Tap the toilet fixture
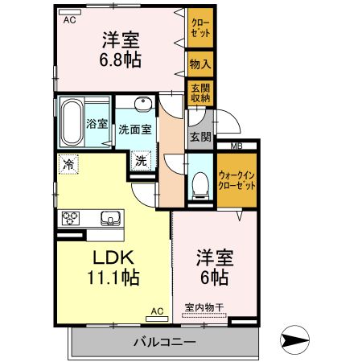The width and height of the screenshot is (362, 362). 199,182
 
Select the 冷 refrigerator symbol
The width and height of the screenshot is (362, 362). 68,164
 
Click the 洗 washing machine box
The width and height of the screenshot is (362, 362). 141,160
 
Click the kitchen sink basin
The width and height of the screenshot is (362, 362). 110,217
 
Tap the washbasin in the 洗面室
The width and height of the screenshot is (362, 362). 142,105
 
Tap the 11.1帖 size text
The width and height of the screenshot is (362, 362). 112,279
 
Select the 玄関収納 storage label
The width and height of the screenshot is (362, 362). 200,93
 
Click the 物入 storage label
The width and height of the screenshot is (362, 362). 200,63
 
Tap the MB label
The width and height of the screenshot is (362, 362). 237,146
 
